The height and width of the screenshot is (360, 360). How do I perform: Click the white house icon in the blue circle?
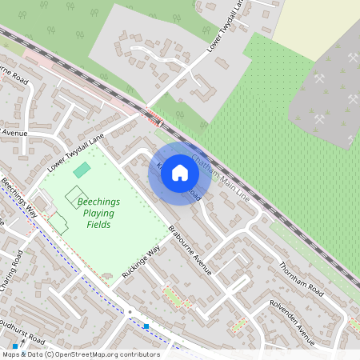(180, 173)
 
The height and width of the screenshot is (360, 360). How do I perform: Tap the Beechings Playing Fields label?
(94, 214)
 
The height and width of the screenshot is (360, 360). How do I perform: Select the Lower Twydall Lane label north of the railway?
(226, 27)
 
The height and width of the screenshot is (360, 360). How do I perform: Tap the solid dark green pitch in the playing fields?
(82, 170)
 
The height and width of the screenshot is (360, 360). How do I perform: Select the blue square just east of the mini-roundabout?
(146, 326)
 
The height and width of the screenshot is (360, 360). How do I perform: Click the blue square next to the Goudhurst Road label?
(14, 346)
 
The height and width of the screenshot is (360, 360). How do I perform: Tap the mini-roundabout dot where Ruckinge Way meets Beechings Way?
(129, 311)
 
